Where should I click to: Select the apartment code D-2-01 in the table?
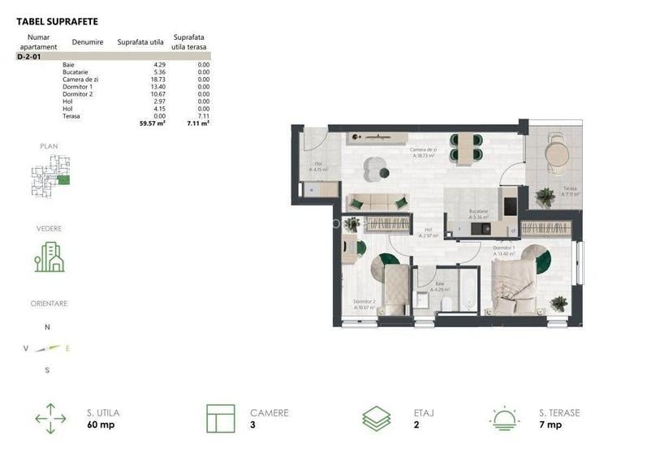(x=29, y=58)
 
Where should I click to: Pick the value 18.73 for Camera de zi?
(x=155, y=79)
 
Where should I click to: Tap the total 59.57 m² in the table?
(x=153, y=124)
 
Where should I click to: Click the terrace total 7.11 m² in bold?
(x=199, y=124)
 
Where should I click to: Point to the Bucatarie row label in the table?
(x=76, y=71)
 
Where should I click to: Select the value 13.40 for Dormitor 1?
(x=155, y=86)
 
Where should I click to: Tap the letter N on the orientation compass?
(x=47, y=327)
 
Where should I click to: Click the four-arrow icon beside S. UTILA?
(x=51, y=418)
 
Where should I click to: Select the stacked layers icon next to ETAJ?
(x=376, y=418)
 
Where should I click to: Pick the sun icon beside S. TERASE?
(x=506, y=418)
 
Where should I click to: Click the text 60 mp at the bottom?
(x=101, y=425)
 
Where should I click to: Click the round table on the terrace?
(x=558, y=153)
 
